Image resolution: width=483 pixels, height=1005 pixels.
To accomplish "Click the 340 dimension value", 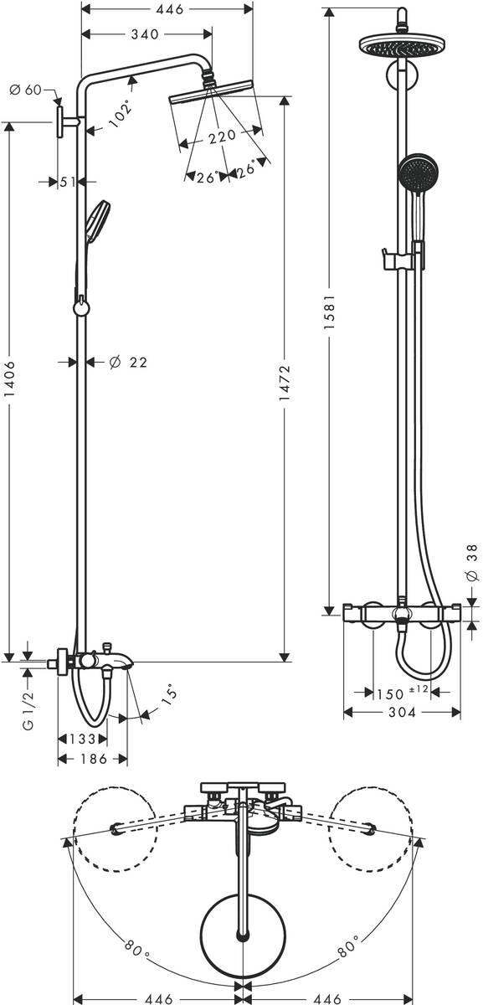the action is [x=145, y=34].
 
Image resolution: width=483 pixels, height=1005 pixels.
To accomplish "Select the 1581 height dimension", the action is [x=330, y=312].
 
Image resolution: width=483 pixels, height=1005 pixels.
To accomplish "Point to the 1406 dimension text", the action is [x=10, y=379].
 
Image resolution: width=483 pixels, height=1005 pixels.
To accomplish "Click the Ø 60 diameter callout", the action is [x=25, y=90].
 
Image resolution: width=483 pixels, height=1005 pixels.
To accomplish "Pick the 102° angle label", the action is [x=121, y=114].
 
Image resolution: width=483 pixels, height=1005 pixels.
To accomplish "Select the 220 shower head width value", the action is [x=223, y=136].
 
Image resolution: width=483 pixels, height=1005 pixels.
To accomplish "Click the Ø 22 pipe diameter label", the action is [x=128, y=362].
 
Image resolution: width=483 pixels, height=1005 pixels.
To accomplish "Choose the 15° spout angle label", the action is [x=169, y=695].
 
